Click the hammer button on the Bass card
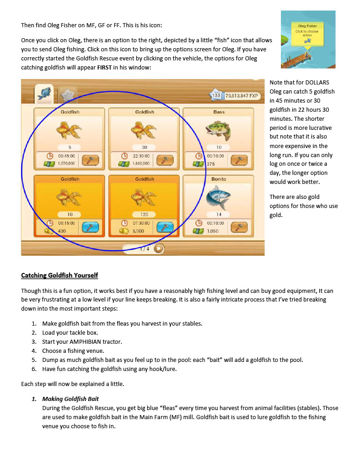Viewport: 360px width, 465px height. (x=239, y=160)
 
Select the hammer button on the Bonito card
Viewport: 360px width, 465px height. (x=239, y=227)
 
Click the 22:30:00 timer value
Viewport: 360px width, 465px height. (x=141, y=156)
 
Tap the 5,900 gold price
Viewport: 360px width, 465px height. (x=138, y=231)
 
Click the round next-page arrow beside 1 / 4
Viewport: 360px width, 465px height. (x=159, y=248)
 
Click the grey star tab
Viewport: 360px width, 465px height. (x=67, y=95)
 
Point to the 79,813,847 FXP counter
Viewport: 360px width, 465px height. (x=241, y=95)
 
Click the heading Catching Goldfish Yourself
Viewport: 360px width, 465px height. (x=60, y=276)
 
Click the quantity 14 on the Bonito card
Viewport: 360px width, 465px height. (x=219, y=214)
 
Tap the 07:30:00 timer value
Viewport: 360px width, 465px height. (x=141, y=223)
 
